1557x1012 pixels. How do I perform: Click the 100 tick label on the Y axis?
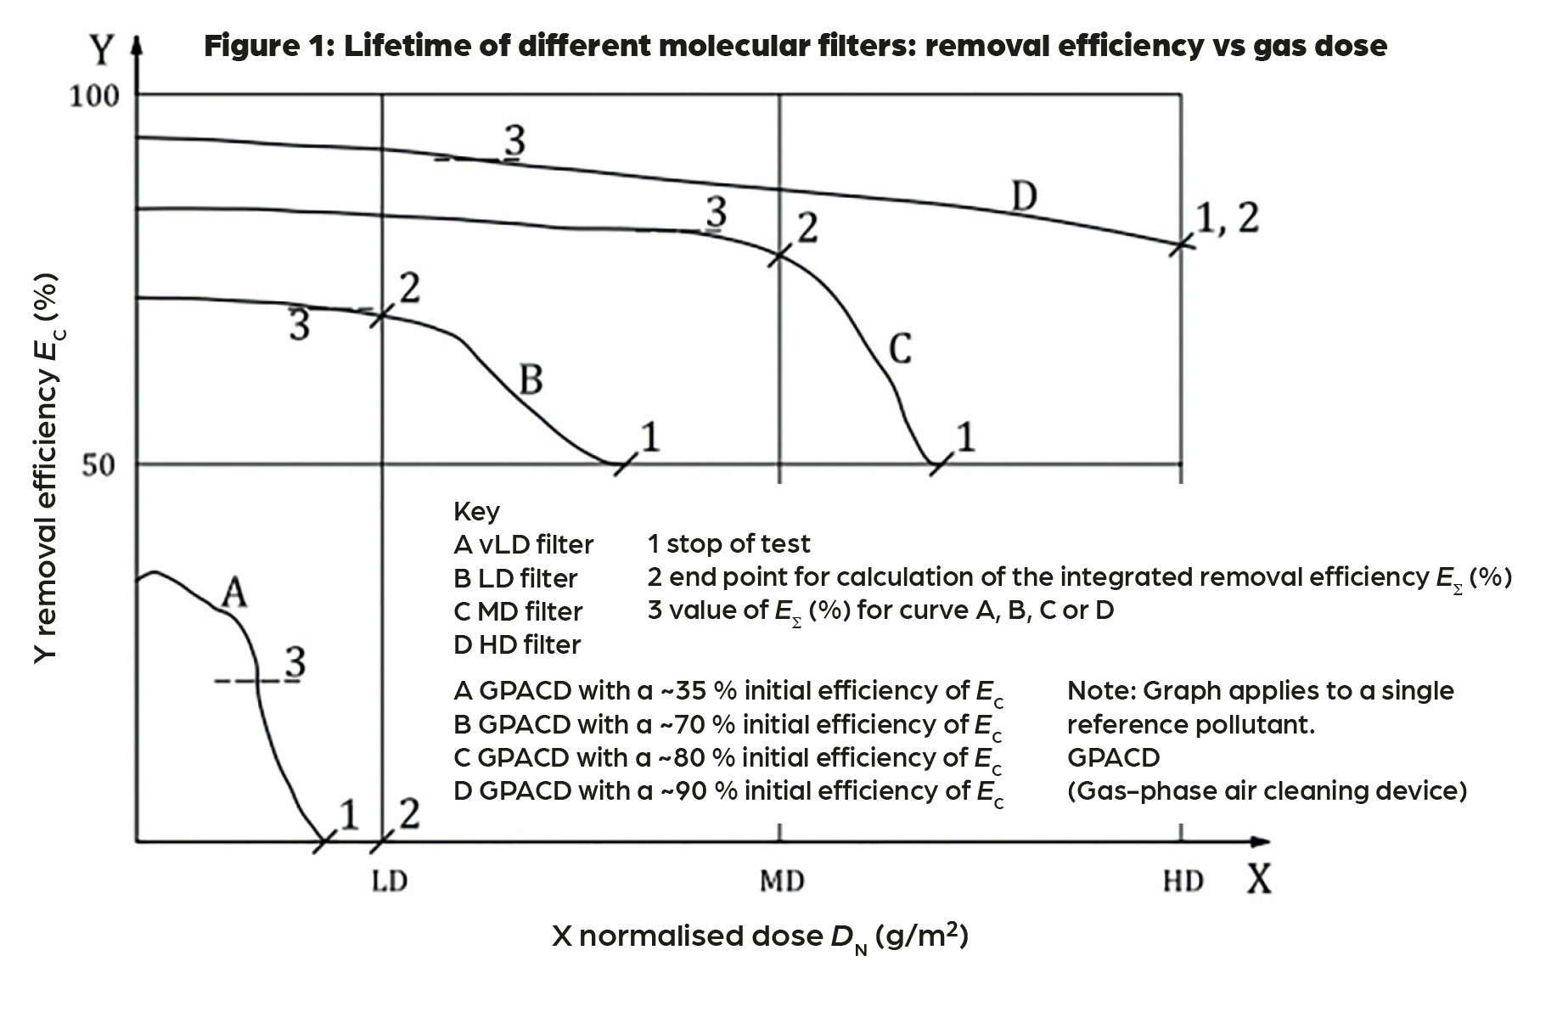[94, 96]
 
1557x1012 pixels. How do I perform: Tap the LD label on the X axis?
[390, 881]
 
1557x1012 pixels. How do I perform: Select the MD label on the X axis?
[782, 881]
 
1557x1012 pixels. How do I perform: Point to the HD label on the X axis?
[1183, 881]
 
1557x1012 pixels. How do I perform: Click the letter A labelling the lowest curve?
[234, 593]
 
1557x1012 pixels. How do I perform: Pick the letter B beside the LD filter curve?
[531, 380]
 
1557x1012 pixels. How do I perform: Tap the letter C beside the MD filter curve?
[900, 349]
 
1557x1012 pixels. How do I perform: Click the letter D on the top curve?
[1025, 198]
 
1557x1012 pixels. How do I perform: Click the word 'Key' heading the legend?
[476, 511]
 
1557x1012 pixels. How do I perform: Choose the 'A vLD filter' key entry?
[523, 544]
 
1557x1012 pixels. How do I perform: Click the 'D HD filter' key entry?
[517, 644]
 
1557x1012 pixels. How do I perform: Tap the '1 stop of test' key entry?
[728, 543]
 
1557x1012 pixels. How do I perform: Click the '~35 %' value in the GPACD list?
[697, 690]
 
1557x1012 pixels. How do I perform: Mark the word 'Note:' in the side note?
[1101, 690]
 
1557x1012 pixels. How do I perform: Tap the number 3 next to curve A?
[295, 662]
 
